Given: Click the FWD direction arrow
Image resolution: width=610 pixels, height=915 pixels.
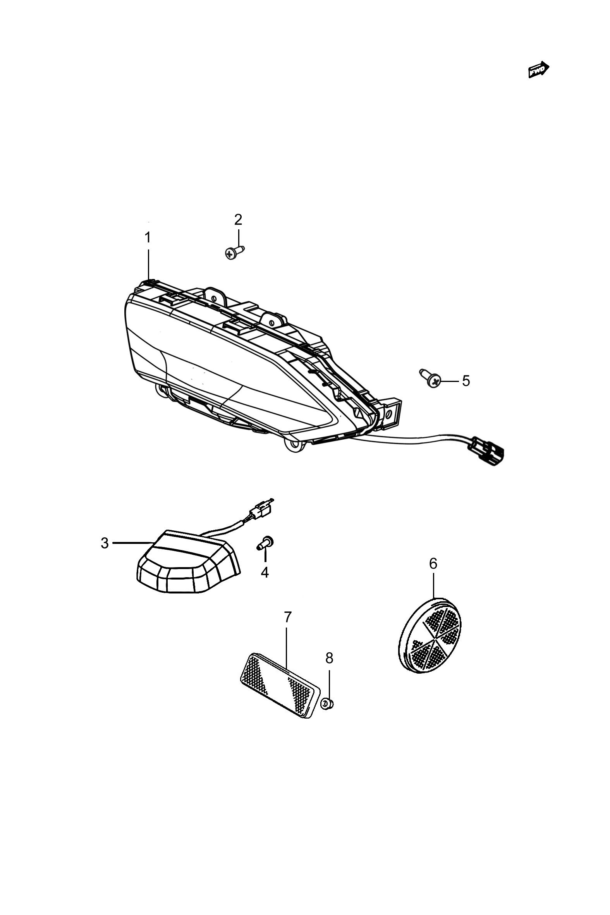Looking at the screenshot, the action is click(x=539, y=70).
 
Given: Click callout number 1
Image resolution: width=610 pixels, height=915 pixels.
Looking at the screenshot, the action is click(x=148, y=237).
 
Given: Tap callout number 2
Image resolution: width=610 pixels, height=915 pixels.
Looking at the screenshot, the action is click(x=238, y=220).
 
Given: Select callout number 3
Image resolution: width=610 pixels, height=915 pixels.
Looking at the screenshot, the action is click(x=105, y=543).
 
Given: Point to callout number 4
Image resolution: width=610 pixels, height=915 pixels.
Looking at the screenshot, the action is click(x=265, y=572).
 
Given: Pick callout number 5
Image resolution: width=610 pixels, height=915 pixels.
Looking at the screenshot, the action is click(x=466, y=381).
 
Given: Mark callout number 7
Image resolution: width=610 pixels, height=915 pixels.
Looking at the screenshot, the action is click(x=287, y=617).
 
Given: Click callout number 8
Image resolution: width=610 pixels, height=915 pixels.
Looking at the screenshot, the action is click(x=329, y=658).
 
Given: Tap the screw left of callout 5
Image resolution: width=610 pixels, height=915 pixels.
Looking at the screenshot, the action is click(x=430, y=378).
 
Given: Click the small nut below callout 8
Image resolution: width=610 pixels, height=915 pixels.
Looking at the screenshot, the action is click(x=327, y=703).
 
